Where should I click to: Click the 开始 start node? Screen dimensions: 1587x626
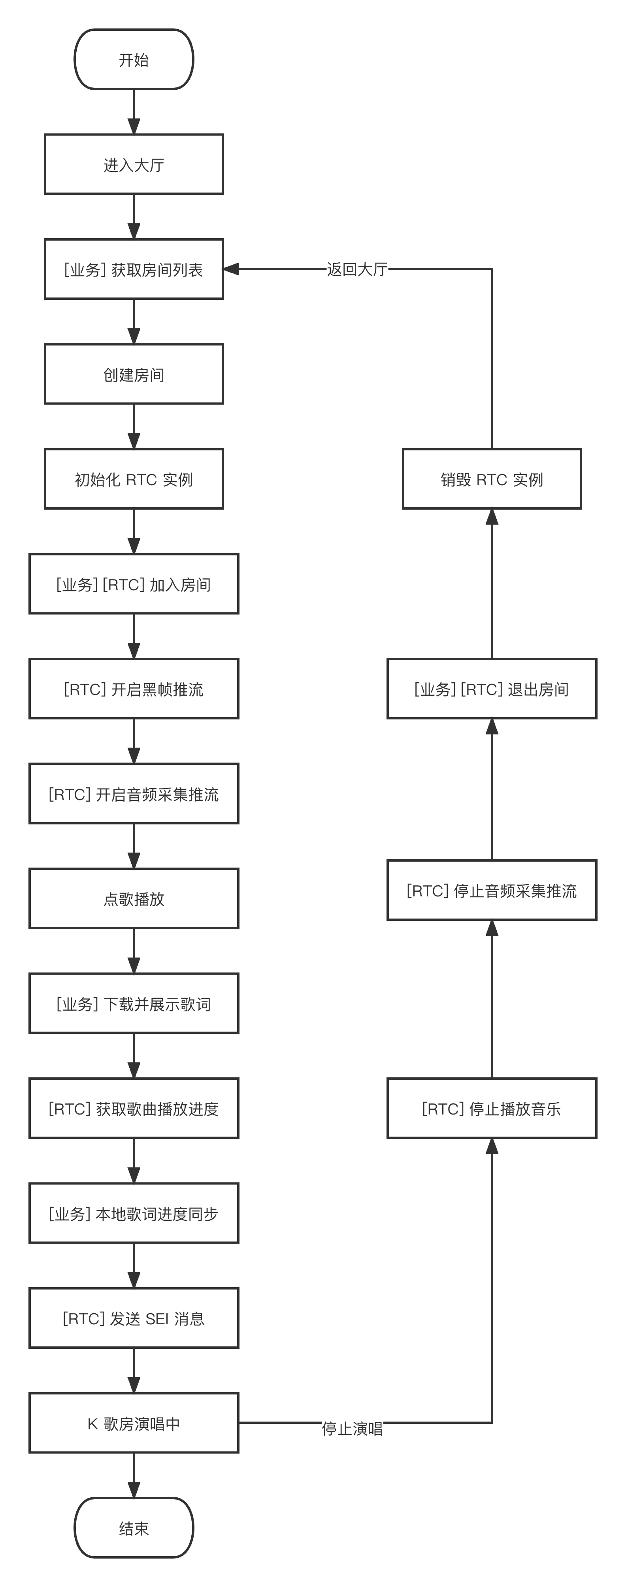point(134,60)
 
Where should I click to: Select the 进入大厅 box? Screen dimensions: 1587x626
point(134,164)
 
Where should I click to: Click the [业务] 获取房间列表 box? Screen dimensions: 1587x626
point(134,269)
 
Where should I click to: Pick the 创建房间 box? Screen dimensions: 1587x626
point(134,374)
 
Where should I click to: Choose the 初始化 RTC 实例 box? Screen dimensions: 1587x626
point(134,479)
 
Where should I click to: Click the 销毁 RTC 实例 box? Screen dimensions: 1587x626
point(492,479)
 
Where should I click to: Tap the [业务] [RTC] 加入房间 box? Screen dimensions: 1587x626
point(134,584)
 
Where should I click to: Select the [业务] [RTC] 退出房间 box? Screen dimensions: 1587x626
point(492,689)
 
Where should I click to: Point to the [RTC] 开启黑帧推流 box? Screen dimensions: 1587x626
point(134,689)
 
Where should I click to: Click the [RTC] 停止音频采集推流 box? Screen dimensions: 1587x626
point(492,890)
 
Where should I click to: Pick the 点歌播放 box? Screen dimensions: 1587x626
point(134,899)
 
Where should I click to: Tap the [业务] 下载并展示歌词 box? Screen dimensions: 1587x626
point(134,1003)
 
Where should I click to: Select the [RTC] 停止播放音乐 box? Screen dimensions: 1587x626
point(492,1108)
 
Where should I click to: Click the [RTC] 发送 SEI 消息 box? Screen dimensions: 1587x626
point(134,1318)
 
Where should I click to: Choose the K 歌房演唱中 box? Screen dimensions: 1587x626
point(134,1423)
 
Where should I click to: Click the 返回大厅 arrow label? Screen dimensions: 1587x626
point(357,269)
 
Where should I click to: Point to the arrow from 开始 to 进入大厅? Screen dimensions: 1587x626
point(134,112)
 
